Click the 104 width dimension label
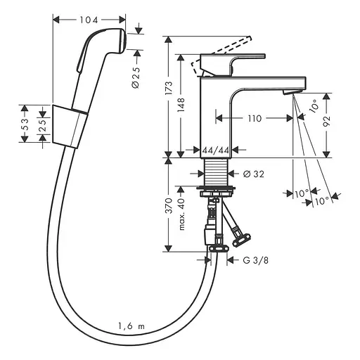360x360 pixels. tap(89, 22)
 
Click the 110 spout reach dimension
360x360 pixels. tap(255, 119)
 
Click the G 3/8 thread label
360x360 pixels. tap(254, 260)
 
